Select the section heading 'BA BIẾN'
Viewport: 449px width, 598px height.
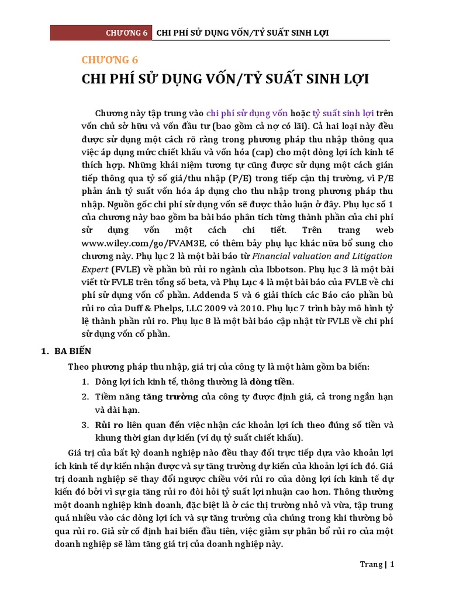[x=77, y=352]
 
